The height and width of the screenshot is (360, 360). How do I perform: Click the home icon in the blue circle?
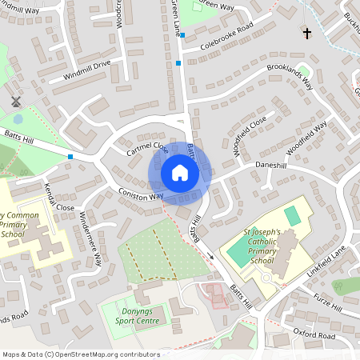coord(180,173)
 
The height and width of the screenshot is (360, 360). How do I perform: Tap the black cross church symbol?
coord(307,34)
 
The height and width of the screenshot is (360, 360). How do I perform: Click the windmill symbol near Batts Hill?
coord(15,102)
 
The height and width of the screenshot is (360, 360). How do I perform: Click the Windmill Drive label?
coord(86,71)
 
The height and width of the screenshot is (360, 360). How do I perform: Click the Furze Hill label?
coord(326,305)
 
